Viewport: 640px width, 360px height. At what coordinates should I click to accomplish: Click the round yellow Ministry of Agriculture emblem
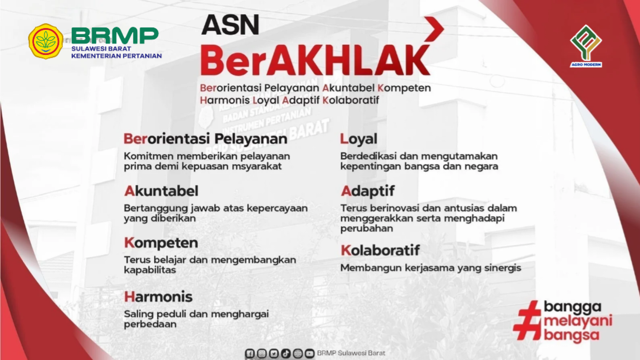(46, 41)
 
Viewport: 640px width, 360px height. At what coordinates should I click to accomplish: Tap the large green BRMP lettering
(115, 35)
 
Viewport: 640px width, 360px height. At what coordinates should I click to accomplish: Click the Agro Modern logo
(586, 46)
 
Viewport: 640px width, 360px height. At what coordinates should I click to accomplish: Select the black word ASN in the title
(230, 25)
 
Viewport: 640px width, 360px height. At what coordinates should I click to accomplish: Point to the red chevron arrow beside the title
(435, 29)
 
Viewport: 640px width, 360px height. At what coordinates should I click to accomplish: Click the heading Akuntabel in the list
(161, 191)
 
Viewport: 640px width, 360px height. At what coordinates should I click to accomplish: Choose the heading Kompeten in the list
(161, 243)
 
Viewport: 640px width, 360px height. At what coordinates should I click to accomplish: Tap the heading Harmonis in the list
(158, 297)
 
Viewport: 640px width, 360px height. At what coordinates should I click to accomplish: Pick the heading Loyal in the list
(359, 139)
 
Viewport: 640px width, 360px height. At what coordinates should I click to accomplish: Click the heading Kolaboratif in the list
(380, 250)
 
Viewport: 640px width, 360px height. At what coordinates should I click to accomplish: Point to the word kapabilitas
(150, 270)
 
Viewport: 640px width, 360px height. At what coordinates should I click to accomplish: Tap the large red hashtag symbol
(527, 320)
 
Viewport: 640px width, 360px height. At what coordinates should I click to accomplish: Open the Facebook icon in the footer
(250, 353)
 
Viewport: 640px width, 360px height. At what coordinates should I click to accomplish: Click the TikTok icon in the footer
(286, 353)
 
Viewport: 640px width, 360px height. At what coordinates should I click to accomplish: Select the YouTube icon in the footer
(310, 353)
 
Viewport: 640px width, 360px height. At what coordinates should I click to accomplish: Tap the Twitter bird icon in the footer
(274, 353)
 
